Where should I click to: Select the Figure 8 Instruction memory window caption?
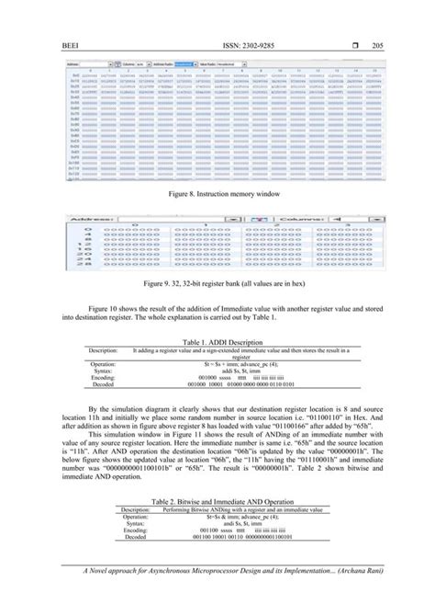[217, 197]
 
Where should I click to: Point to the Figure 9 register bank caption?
[217, 284]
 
